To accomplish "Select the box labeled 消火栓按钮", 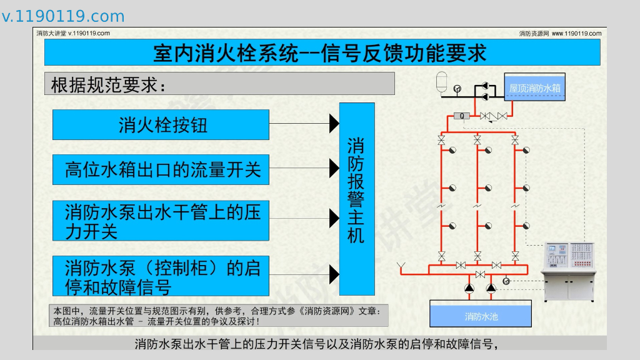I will [x=161, y=125].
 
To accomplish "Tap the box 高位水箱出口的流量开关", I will [x=161, y=169].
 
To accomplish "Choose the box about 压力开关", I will [x=161, y=221].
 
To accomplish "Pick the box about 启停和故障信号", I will [x=161, y=276].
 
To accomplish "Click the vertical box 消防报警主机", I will [x=356, y=199].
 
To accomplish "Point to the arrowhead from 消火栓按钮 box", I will [x=334, y=124].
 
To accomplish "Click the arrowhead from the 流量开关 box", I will [x=334, y=168].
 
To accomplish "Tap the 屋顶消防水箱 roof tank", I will [x=535, y=88].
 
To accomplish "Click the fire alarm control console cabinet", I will [x=569, y=270].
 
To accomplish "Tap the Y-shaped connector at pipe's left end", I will [x=401, y=268].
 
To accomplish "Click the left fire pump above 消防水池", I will [x=470, y=288].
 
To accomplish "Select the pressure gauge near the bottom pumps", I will [x=506, y=281].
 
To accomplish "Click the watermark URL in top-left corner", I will [x=63, y=17].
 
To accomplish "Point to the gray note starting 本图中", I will [x=219, y=316].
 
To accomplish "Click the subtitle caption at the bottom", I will [x=319, y=344].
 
